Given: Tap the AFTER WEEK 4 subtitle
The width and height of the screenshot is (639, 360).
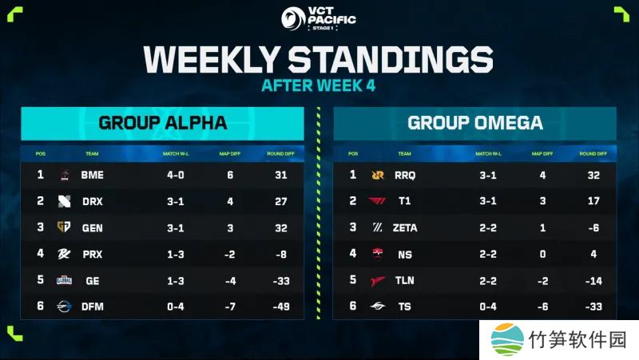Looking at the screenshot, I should pos(319,85).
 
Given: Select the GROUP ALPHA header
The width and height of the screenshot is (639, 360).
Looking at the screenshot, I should pos(162,123).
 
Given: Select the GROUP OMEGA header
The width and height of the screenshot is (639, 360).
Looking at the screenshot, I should pos(474,123).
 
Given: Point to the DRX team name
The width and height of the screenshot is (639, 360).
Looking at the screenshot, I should pos(93,201).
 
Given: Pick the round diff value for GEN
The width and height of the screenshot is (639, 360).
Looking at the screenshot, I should pos(280,227).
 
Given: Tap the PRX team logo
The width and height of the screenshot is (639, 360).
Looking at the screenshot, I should pos(64,253).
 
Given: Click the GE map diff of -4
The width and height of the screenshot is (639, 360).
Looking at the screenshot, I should pos(229,279).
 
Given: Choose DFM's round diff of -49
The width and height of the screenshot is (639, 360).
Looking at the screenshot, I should pos(280,306).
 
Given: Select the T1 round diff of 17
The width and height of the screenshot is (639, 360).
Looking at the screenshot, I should pos(592,201).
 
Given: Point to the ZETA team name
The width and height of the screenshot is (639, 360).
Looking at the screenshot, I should pos(405,227).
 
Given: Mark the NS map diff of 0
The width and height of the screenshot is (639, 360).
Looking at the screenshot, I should pos(542,253).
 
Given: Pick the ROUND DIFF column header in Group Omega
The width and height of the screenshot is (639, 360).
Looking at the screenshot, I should pos(592,153).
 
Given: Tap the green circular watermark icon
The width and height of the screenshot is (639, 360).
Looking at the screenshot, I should pos(506,338).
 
